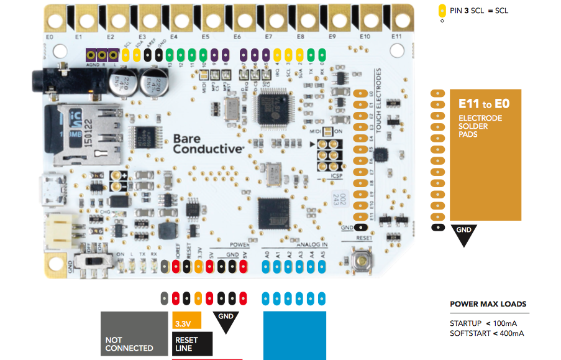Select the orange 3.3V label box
pos(186,320)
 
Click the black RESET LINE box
pos(192,344)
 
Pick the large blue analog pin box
pos(294,335)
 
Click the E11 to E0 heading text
pos(484,103)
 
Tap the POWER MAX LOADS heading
pos(488,305)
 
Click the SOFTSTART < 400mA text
pos(487,333)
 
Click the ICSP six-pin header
pos(327,155)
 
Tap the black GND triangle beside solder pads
pos(465,233)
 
